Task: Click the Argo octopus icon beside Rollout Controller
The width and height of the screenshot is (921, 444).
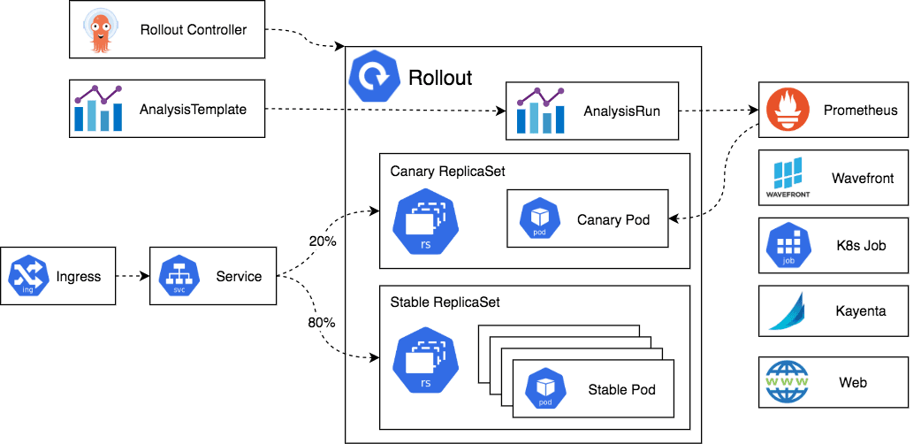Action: click(x=101, y=30)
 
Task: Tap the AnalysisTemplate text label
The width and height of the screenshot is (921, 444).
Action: click(x=193, y=110)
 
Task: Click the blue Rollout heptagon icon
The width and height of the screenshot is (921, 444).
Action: click(x=376, y=77)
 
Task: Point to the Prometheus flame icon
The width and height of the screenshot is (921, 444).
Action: click(x=786, y=111)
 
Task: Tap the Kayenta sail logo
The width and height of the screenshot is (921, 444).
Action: click(x=786, y=310)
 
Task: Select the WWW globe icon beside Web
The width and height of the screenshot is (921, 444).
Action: click(x=787, y=382)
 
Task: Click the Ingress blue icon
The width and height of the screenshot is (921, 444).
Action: click(x=27, y=277)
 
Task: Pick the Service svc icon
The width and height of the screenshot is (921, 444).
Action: click(x=178, y=277)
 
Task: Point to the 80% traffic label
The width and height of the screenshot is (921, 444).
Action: click(x=322, y=323)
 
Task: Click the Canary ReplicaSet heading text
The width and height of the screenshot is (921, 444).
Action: click(x=447, y=171)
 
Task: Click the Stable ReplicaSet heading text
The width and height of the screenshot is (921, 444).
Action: click(x=445, y=302)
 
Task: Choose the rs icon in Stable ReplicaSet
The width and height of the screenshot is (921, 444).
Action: click(x=425, y=363)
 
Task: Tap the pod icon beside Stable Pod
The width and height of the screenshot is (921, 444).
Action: click(x=545, y=389)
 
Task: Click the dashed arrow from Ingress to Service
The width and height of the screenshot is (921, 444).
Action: click(x=133, y=277)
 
